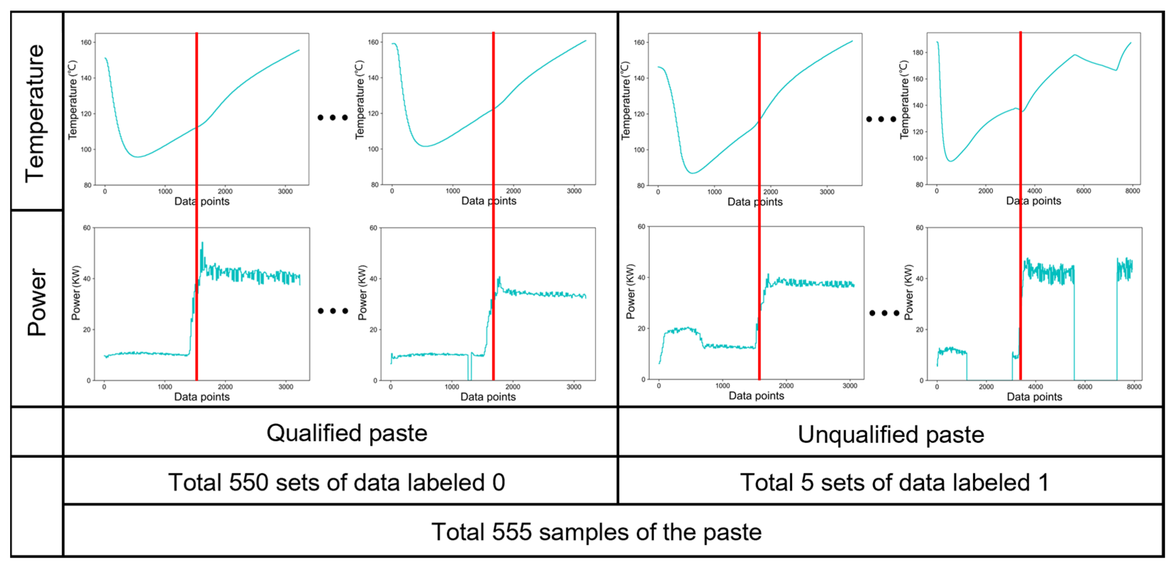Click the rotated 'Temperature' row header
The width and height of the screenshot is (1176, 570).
(35, 113)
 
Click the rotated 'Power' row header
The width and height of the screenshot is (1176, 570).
(37, 302)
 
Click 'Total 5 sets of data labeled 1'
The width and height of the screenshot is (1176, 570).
(894, 483)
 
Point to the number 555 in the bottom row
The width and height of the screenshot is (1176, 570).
(511, 532)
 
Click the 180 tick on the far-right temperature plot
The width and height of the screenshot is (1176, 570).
(917, 52)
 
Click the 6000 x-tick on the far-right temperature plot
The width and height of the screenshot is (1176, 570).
(1083, 191)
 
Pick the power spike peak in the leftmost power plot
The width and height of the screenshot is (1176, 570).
(202, 243)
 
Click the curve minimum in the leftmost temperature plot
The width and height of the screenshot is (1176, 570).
(137, 157)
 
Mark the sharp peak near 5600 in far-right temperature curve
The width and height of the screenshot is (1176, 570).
(1075, 55)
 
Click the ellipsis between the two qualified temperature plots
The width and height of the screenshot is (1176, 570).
(332, 117)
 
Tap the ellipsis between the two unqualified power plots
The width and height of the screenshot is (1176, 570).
(884, 313)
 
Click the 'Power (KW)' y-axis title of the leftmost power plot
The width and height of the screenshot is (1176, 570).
(76, 292)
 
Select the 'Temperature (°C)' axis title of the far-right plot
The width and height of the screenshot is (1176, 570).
(903, 100)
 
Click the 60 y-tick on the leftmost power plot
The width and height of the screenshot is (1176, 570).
(86, 228)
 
